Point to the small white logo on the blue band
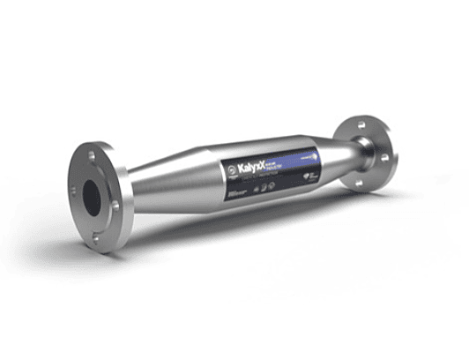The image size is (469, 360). [304, 155]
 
